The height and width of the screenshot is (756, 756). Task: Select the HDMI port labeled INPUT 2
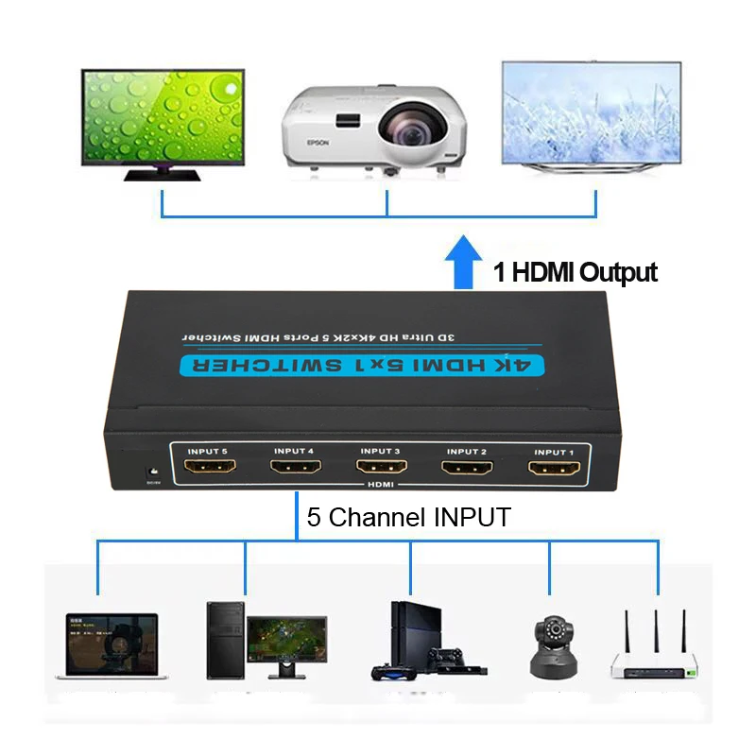tap(467, 468)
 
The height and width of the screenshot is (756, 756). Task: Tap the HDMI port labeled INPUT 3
tap(381, 468)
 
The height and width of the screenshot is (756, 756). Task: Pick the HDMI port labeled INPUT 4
tap(295, 468)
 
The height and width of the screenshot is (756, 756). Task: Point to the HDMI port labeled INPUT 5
tap(208, 467)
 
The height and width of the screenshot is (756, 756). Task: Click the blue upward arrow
tap(463, 263)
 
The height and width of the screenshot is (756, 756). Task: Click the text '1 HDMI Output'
tap(576, 273)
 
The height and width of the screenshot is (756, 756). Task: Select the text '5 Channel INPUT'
tap(408, 518)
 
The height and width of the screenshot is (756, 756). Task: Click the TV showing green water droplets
tap(163, 116)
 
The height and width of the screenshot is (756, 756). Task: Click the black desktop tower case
tap(225, 640)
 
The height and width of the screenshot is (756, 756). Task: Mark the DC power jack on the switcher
tap(149, 470)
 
